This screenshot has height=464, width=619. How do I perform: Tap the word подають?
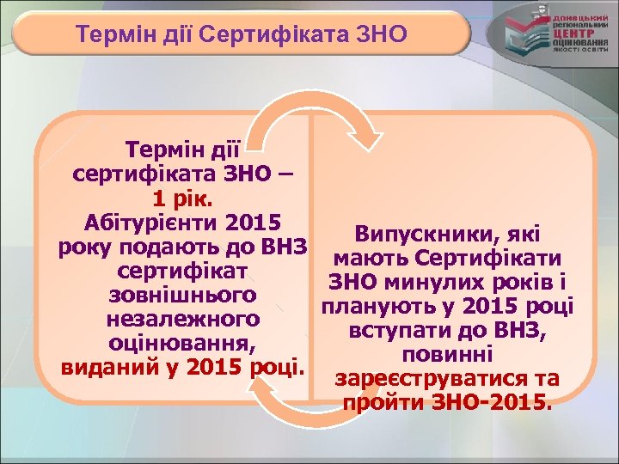pos(200,247)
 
